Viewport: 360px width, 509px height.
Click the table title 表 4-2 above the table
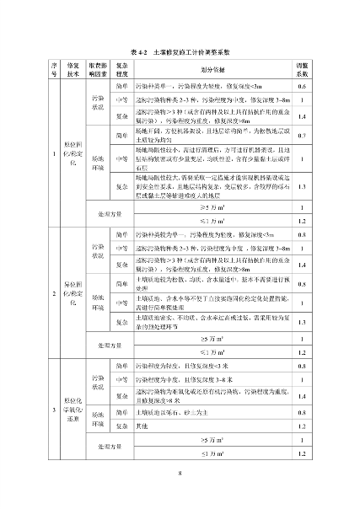[x=180, y=52]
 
